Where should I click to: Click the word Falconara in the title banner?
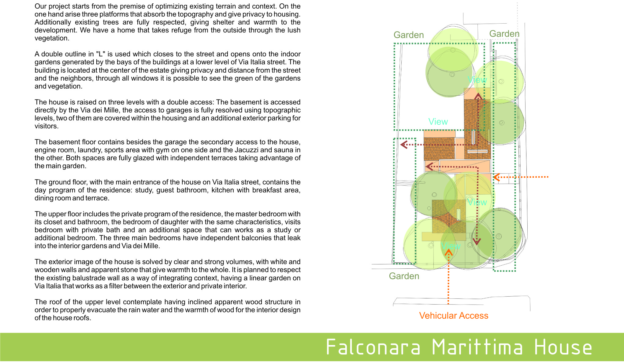click(373, 347)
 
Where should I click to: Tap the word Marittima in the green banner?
click(477, 347)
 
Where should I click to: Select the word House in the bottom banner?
click(563, 347)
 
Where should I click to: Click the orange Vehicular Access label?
click(453, 316)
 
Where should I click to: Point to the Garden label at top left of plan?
click(409, 35)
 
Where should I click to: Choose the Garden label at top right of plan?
click(504, 34)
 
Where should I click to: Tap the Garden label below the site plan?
click(404, 276)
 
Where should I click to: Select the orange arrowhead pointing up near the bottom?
click(448, 252)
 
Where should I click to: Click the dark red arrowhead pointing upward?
click(478, 97)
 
